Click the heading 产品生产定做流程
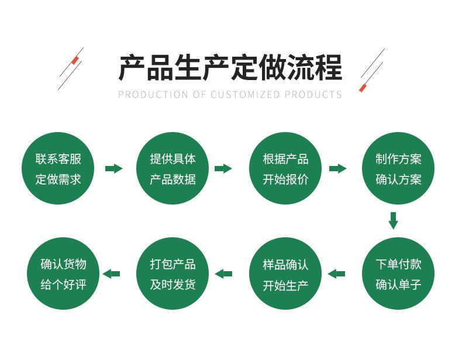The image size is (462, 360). [x=230, y=68]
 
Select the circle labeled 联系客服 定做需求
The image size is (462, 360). [x=58, y=168]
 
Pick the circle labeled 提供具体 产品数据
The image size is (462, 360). [x=173, y=168]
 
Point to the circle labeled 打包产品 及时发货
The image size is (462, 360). [x=173, y=274]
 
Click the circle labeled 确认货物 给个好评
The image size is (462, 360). [x=63, y=274]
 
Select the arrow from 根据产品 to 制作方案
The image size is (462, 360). [x=337, y=169]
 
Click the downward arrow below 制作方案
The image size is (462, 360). [x=393, y=220]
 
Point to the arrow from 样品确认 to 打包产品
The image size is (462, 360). [x=223, y=274]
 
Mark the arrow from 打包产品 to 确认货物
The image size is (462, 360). [x=111, y=274]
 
